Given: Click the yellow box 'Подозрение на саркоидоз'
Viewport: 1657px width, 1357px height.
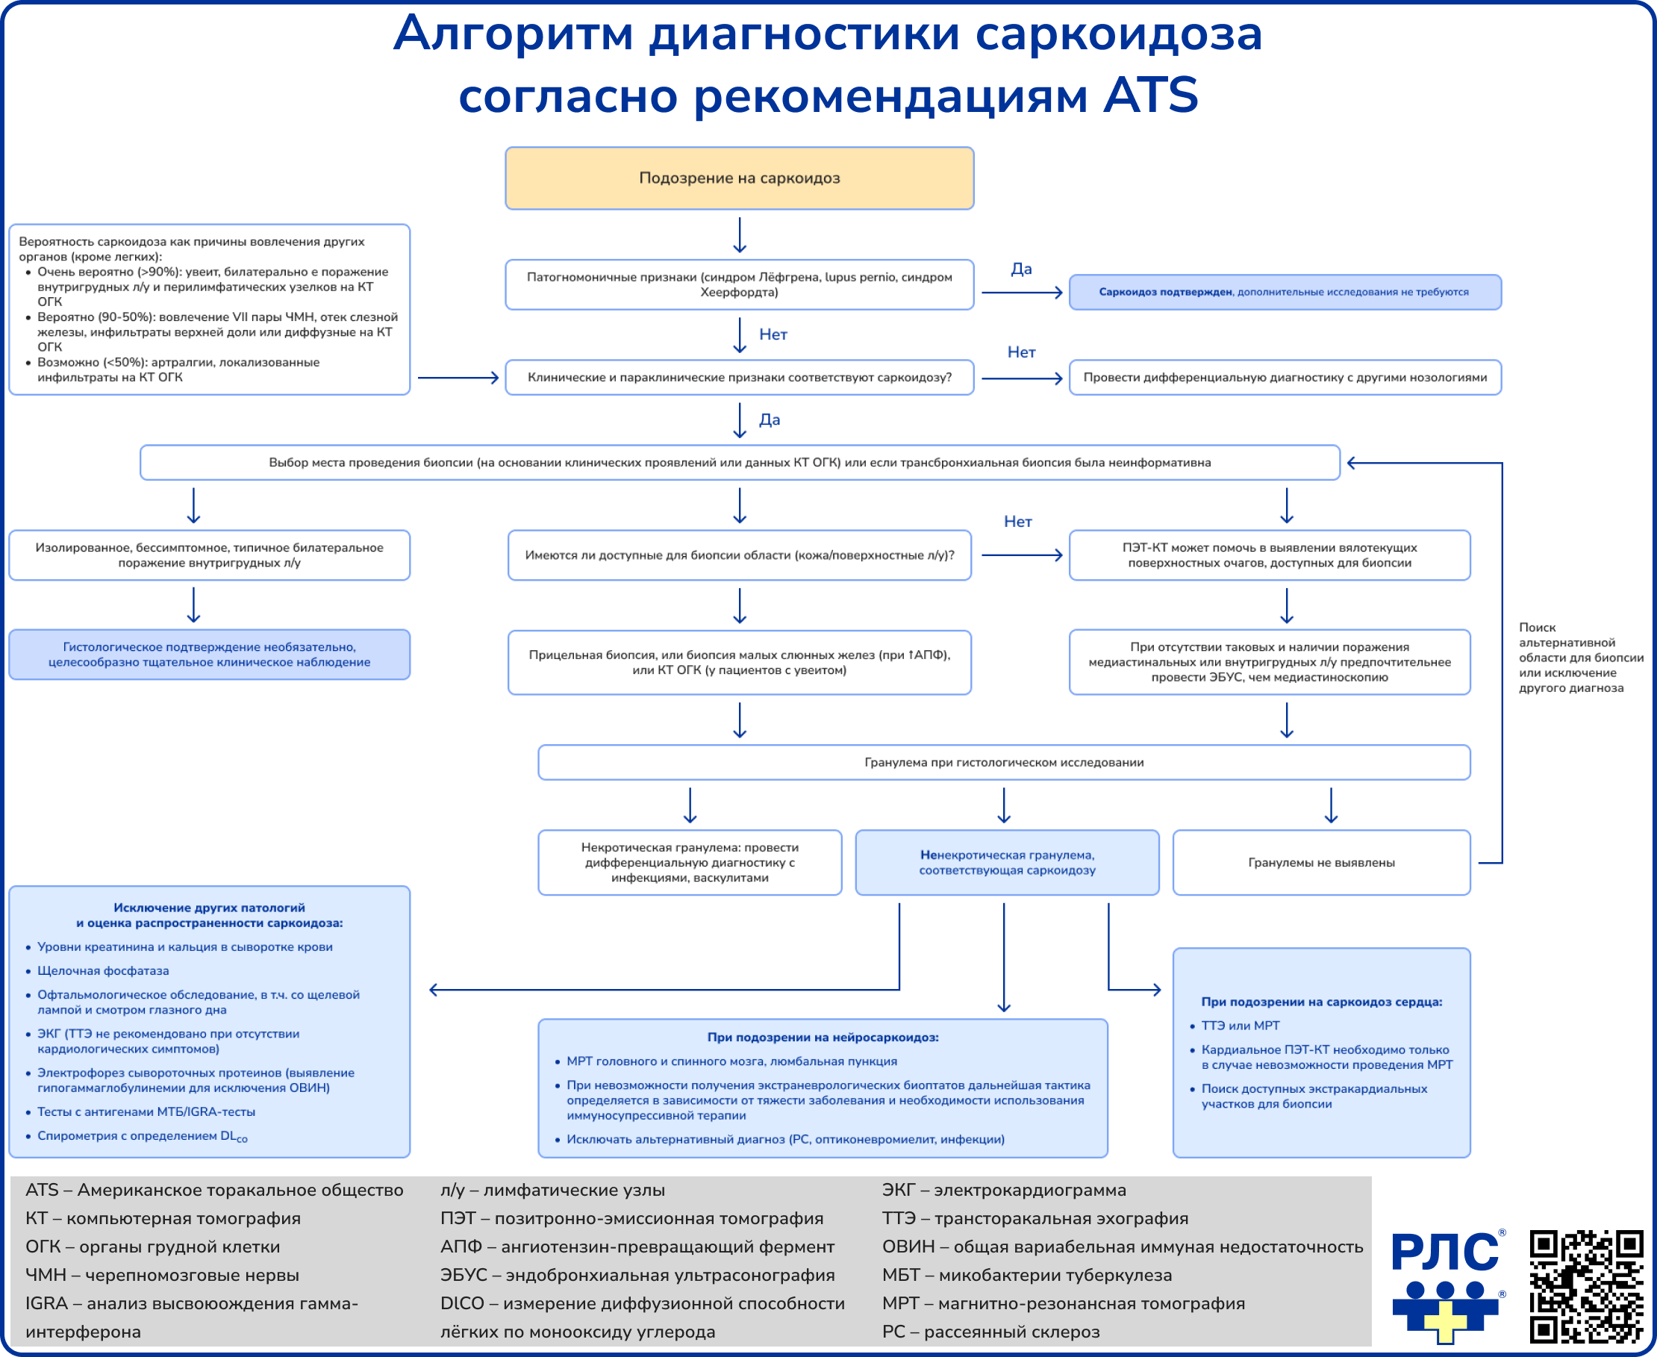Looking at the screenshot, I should tap(740, 178).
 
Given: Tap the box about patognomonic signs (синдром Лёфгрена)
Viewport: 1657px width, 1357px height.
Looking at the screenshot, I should tap(740, 284).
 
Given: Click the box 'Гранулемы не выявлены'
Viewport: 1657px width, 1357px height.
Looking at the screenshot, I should tap(1321, 863).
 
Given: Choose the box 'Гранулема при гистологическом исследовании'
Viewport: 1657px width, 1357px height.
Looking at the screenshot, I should tap(1004, 762).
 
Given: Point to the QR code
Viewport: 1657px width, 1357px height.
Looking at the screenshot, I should tap(1586, 1286).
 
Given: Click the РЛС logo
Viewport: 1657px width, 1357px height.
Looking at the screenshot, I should tap(1447, 1286).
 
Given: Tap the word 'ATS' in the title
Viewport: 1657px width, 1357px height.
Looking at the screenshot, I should tap(1149, 96).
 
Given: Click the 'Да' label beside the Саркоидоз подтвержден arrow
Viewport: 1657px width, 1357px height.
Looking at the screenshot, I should tap(1021, 269).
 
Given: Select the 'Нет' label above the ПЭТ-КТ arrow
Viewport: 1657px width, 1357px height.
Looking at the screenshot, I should tap(1017, 522).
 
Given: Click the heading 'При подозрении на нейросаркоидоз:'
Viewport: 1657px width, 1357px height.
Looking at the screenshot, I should tap(823, 1038).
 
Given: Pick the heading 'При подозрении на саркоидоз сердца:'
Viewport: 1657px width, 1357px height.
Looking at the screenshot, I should tap(1321, 1002).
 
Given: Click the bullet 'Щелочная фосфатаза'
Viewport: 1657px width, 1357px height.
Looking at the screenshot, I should tap(103, 971).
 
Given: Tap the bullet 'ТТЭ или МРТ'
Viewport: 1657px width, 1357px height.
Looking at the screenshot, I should tap(1240, 1026).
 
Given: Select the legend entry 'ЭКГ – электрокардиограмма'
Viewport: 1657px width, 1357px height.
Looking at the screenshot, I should tap(1004, 1190).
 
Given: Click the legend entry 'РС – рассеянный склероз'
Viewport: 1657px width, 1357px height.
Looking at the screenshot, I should tap(990, 1331).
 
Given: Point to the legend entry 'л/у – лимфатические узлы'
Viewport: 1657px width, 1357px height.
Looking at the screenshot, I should tap(552, 1190).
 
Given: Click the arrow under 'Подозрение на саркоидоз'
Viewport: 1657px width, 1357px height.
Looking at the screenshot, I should tap(740, 234).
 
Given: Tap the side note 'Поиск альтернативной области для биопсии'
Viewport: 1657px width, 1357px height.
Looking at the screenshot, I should tap(1579, 658).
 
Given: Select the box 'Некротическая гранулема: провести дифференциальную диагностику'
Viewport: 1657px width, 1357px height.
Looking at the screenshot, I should tap(690, 863).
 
